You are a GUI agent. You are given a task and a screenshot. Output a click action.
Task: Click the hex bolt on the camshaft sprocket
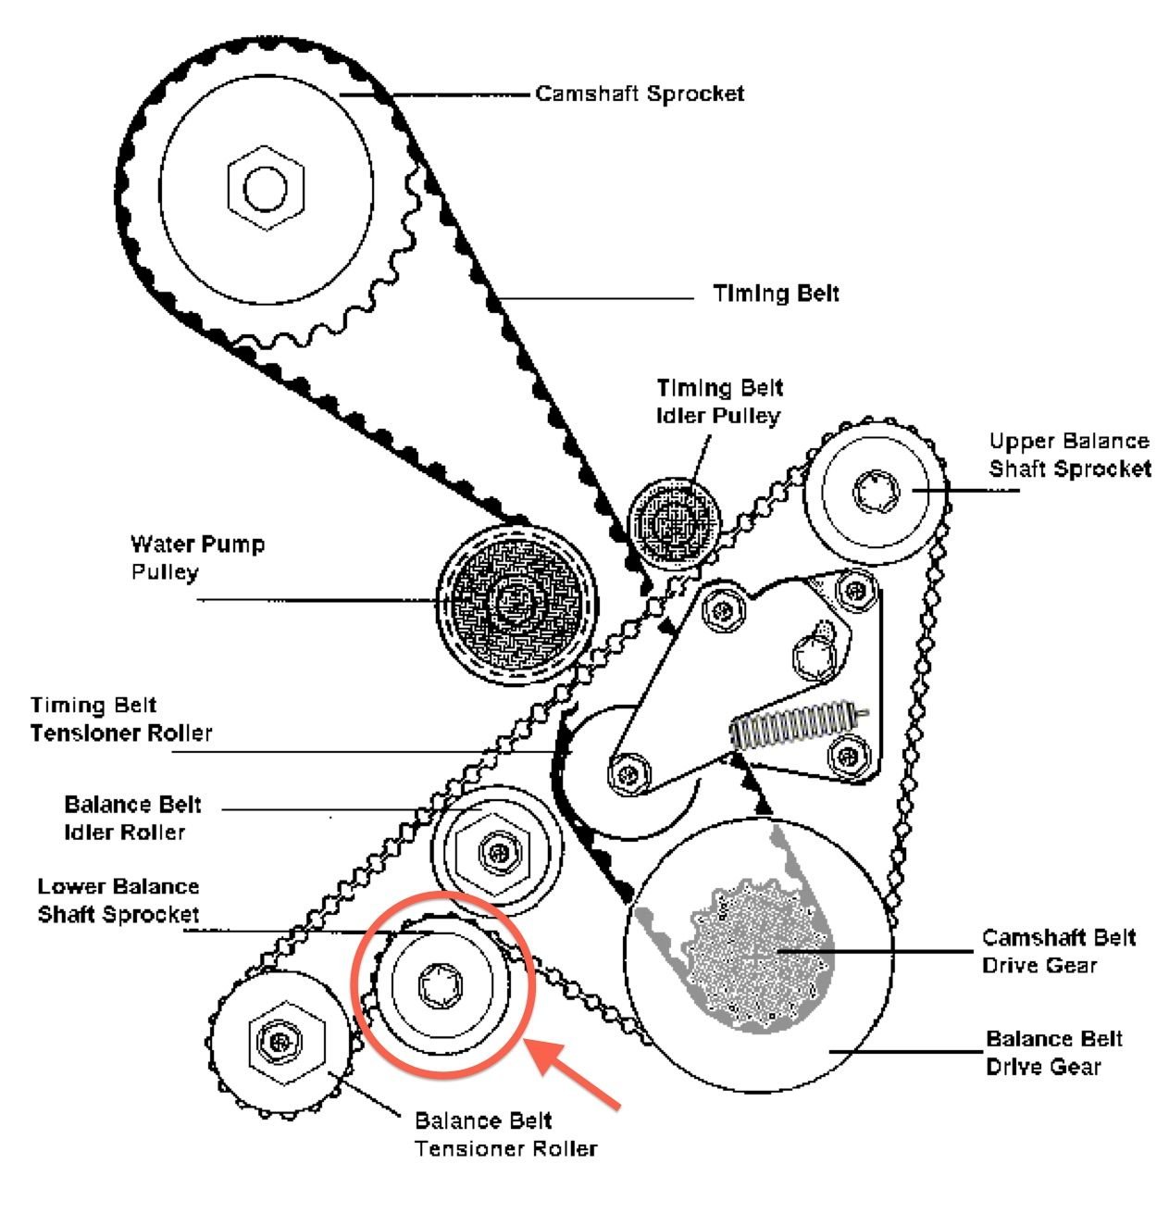click(266, 187)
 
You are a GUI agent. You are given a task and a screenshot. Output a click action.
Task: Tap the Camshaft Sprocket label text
click(640, 94)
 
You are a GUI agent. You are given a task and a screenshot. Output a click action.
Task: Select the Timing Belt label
click(776, 294)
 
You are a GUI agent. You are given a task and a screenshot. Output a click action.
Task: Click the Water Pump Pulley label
click(196, 557)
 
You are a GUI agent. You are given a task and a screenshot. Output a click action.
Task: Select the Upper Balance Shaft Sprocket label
click(1069, 455)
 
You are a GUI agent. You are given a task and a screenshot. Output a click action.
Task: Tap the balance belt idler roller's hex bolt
click(497, 848)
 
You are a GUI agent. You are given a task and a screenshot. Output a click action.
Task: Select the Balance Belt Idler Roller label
click(130, 818)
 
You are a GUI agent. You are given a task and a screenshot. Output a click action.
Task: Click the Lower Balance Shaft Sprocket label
click(118, 901)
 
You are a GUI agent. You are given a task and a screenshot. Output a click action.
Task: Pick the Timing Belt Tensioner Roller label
click(120, 720)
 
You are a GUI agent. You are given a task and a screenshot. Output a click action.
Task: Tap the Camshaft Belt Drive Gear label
click(1058, 951)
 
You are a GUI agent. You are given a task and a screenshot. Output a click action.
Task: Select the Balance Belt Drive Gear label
click(1053, 1052)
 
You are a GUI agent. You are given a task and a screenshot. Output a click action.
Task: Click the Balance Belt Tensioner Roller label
click(504, 1135)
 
